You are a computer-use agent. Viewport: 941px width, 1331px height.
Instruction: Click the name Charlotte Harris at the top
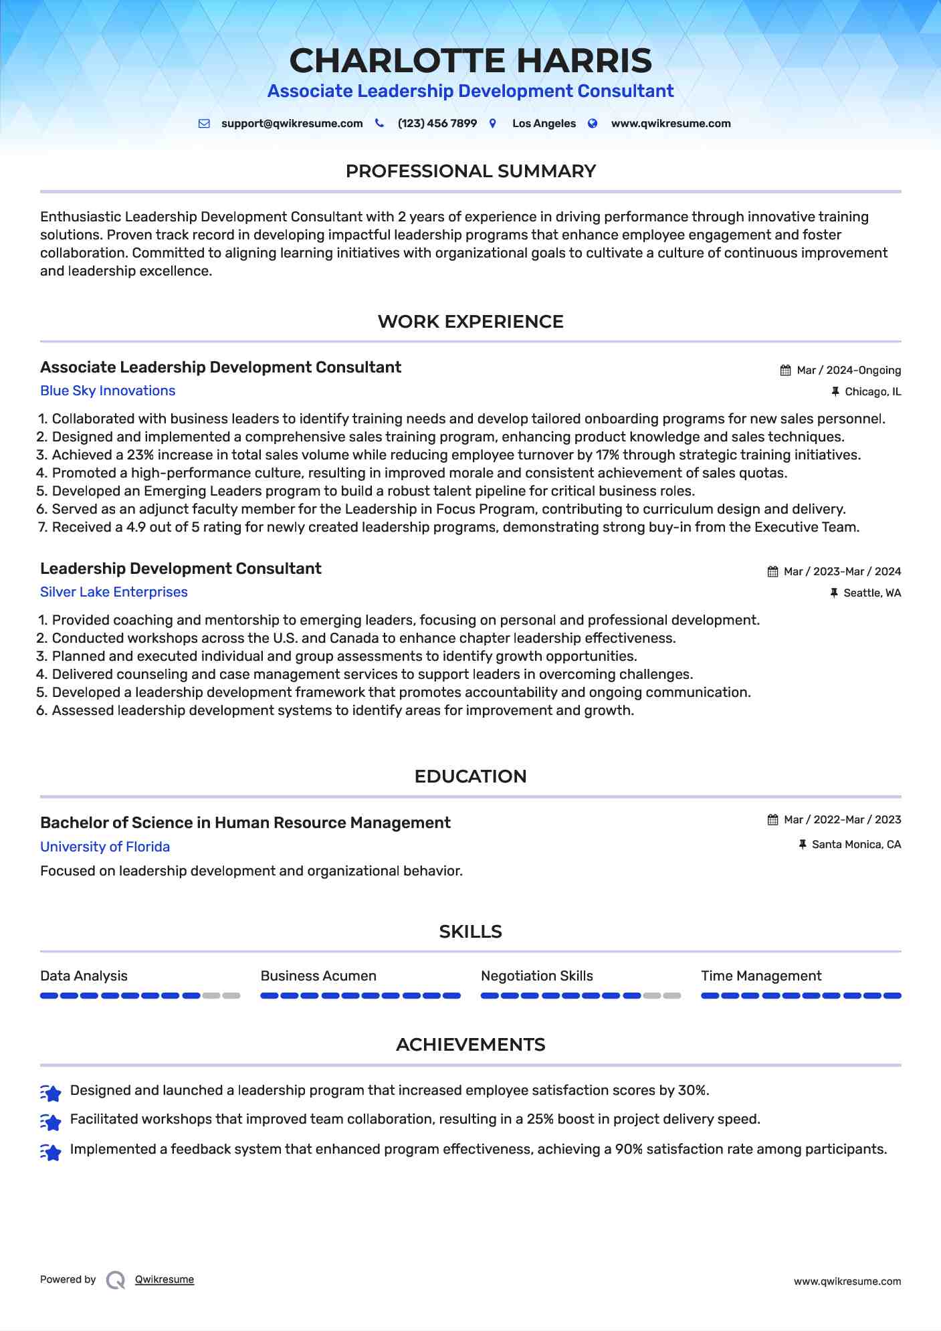(470, 61)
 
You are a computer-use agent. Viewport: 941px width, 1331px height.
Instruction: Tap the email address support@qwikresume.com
(292, 124)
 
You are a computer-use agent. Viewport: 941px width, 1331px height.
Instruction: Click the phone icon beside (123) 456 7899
(379, 123)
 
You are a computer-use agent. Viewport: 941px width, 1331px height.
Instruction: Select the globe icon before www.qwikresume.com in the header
(593, 123)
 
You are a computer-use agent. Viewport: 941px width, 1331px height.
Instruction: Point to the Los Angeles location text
(543, 124)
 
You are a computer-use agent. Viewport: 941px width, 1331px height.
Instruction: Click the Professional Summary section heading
(470, 171)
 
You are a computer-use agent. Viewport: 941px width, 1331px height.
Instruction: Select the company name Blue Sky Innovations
(108, 391)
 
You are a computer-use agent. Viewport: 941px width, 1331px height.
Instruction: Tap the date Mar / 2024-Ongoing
(848, 371)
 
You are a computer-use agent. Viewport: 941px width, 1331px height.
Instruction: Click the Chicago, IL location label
(872, 392)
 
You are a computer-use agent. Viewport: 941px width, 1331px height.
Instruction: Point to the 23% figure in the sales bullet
(140, 455)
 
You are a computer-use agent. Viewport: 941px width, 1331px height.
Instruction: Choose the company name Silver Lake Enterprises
(114, 592)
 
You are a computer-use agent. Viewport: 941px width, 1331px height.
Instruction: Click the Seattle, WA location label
(871, 593)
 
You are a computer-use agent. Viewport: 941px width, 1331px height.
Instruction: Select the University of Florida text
(105, 847)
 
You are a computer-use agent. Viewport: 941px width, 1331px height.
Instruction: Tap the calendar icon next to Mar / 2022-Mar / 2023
(772, 820)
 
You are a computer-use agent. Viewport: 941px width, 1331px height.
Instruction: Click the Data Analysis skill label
(84, 976)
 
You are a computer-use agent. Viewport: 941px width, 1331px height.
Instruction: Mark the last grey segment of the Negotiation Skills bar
(671, 996)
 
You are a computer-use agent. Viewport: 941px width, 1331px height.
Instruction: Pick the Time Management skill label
(761, 976)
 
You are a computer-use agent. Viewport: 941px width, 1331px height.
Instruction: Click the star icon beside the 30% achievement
(51, 1092)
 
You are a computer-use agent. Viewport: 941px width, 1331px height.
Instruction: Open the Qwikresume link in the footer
(165, 1279)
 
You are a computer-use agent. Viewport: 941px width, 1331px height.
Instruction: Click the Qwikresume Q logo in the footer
(116, 1280)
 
